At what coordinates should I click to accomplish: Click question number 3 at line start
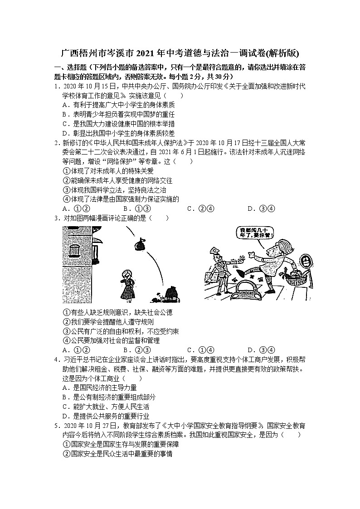point(56,218)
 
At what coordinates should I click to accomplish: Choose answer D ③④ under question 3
point(261,349)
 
